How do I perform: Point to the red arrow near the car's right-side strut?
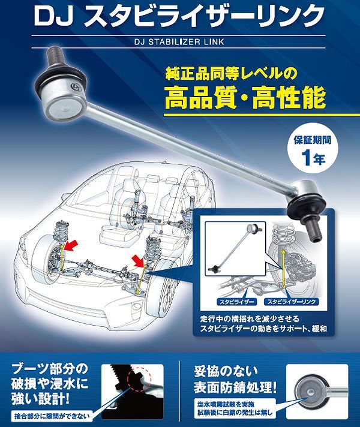pyautogui.click(x=139, y=260)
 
